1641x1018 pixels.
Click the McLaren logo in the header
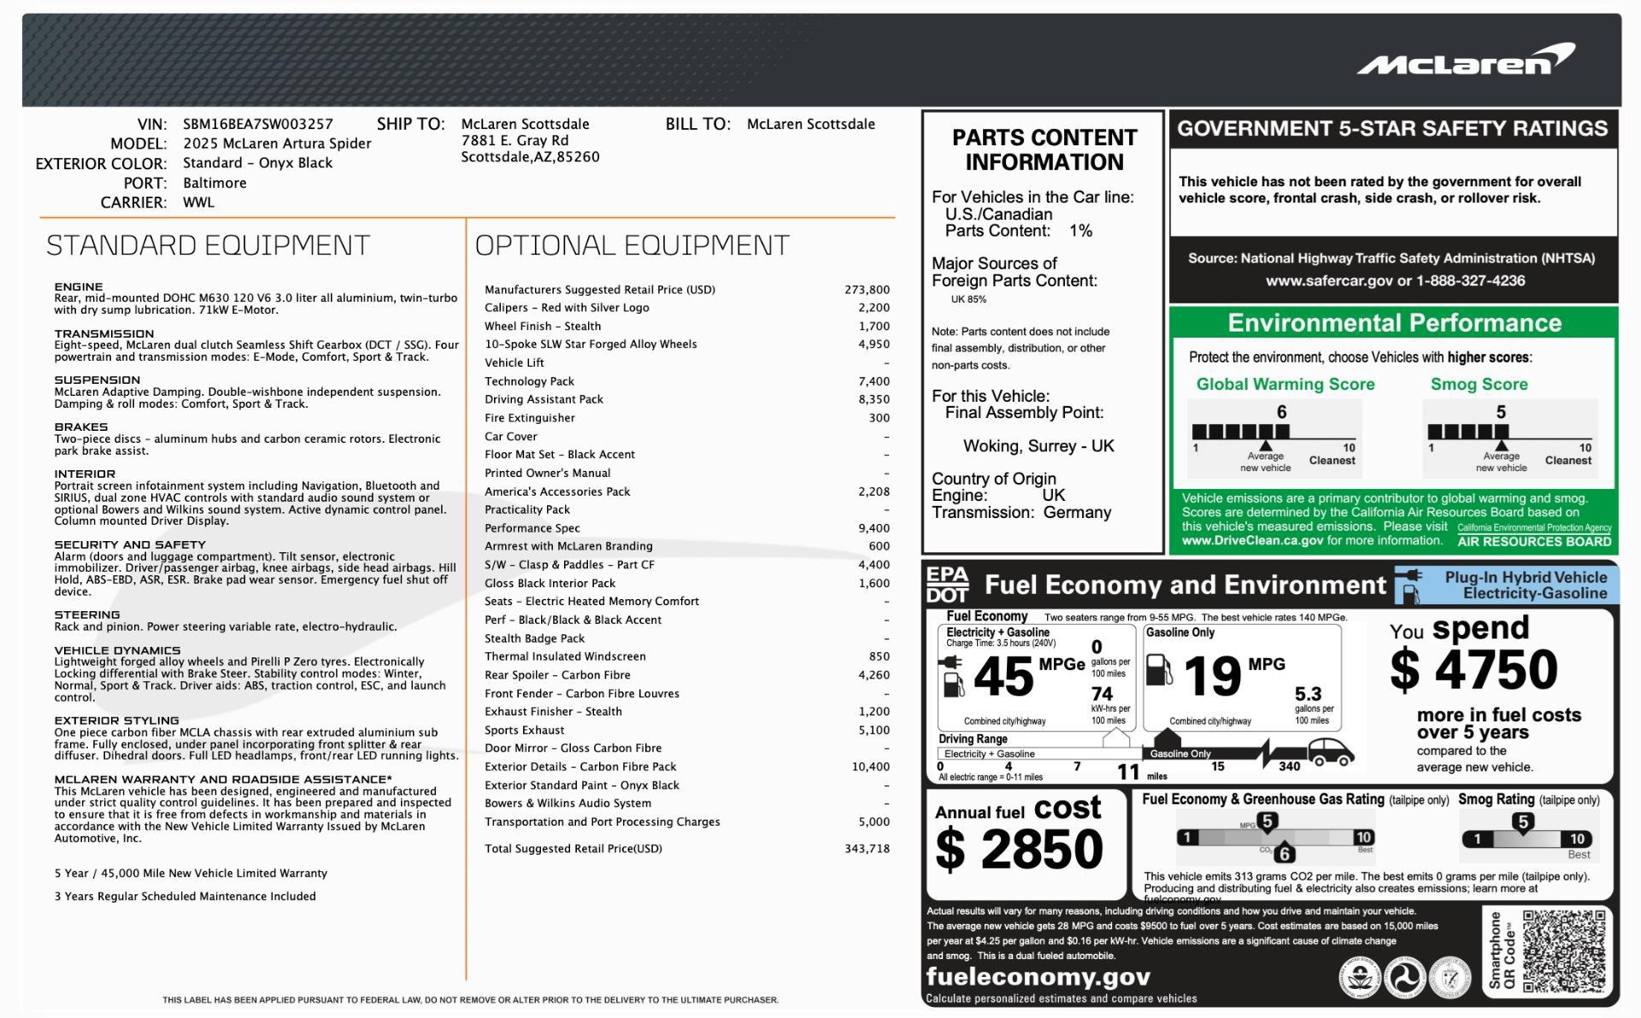(x=1465, y=60)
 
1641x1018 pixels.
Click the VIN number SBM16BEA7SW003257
(x=257, y=124)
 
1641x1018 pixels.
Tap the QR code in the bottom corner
(x=1563, y=950)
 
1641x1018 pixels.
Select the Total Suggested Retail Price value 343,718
(x=867, y=849)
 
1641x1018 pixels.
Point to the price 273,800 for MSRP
(x=867, y=290)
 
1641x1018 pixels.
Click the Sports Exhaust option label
(x=524, y=730)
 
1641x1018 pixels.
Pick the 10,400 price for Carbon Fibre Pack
(x=870, y=767)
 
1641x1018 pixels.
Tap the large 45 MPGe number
(x=1003, y=677)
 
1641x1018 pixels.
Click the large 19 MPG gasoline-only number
(x=1212, y=677)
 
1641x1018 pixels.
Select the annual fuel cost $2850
(x=1019, y=849)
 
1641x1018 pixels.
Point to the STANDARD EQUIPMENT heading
(x=208, y=245)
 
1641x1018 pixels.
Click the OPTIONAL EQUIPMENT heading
(x=632, y=245)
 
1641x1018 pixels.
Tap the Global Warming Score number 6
(x=1281, y=412)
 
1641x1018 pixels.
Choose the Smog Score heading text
(x=1479, y=385)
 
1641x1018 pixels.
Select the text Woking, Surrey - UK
(x=1038, y=446)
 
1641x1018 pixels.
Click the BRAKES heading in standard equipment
(x=81, y=427)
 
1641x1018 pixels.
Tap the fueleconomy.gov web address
(x=1038, y=977)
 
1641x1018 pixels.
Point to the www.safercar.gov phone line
(x=1395, y=280)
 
